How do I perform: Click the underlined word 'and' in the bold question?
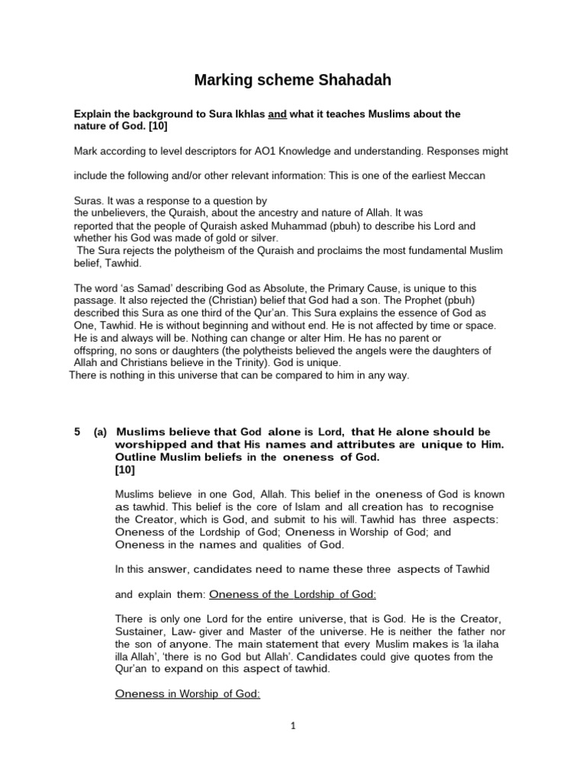(277, 114)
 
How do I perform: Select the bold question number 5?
(77, 432)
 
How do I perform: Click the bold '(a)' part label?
(100, 432)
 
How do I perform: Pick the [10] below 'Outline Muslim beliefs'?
(124, 470)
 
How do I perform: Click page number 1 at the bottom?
(292, 748)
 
